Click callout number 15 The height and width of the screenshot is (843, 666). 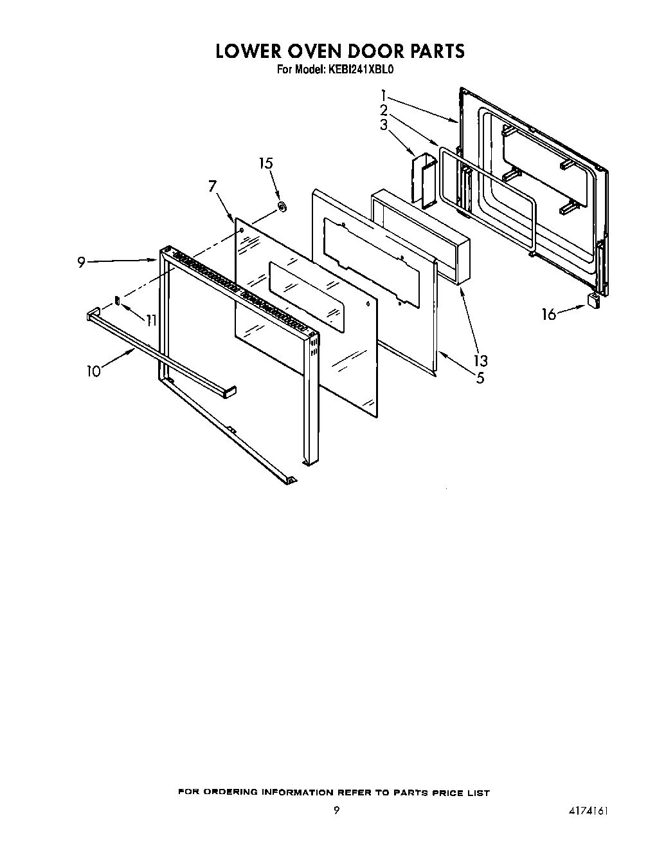pyautogui.click(x=265, y=163)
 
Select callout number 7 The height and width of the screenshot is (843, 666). pyautogui.click(x=212, y=187)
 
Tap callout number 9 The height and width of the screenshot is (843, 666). pyautogui.click(x=81, y=263)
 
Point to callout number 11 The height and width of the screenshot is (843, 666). pyautogui.click(x=151, y=320)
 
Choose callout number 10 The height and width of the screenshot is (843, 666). pyautogui.click(x=94, y=371)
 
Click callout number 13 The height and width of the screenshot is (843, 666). pyautogui.click(x=480, y=360)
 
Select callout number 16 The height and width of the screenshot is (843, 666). pyautogui.click(x=548, y=315)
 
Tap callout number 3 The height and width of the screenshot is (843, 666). pyautogui.click(x=384, y=124)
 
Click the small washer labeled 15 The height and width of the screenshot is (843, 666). pyautogui.click(x=282, y=207)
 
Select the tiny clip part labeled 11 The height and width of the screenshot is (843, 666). pyautogui.click(x=117, y=299)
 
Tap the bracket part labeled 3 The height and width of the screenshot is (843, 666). pyautogui.click(x=422, y=180)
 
